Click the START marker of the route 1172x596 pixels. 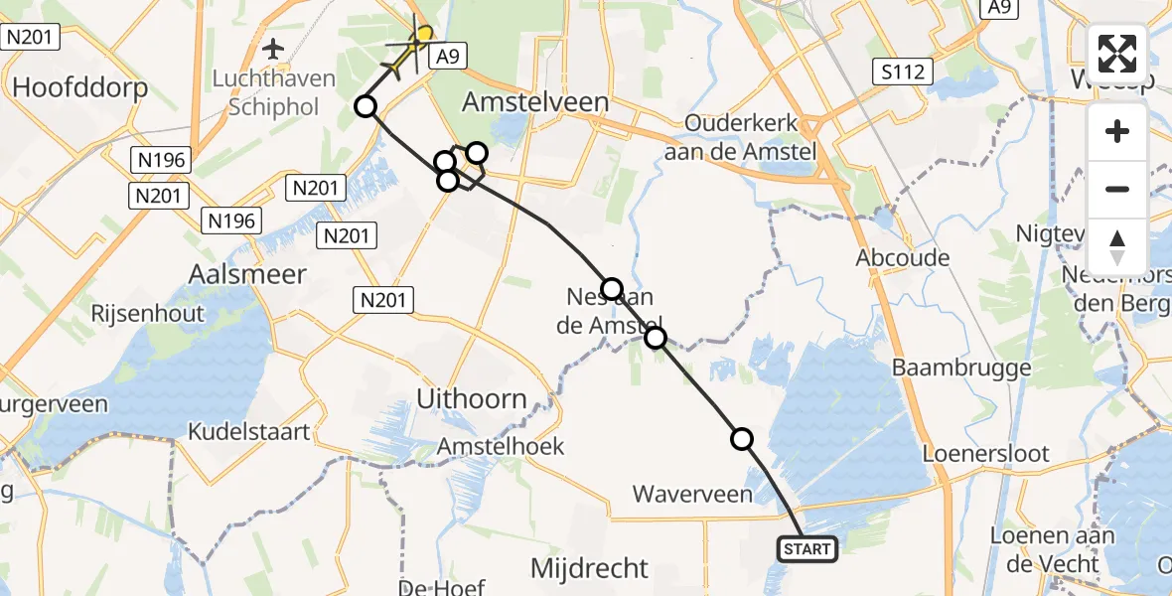coord(807,548)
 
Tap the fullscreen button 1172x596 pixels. coord(1117,54)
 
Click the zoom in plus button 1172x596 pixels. coord(1117,131)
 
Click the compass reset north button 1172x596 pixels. coord(1117,246)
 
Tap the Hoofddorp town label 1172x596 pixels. coord(80,87)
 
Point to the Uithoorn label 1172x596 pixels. coord(472,399)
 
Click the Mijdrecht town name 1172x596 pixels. coord(589,569)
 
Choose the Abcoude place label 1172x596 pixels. coord(903,258)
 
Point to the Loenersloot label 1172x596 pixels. coord(985,454)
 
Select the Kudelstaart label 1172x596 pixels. coord(249,432)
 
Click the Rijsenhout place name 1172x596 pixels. coord(147,314)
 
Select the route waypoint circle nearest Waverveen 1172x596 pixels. coord(742,438)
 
